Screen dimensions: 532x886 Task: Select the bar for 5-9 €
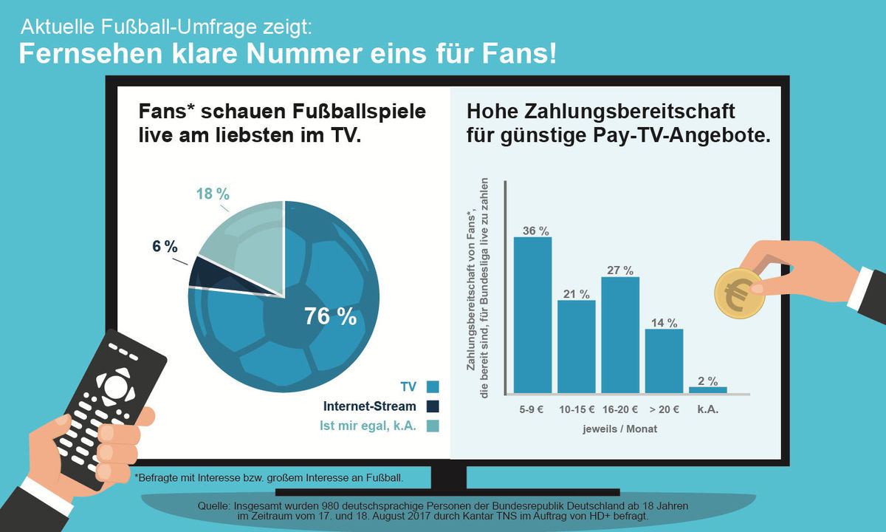pos(532,315)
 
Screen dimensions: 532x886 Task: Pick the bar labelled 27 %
pos(620,335)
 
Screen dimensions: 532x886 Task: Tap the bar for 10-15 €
pos(576,346)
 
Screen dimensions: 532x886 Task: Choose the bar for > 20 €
pos(664,361)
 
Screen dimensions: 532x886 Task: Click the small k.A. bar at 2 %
pos(707,389)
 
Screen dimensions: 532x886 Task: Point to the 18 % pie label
pos(213,194)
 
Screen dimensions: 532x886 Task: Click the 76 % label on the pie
pos(330,316)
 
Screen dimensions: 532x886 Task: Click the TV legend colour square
pos(433,386)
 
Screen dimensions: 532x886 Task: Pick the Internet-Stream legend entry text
pos(369,406)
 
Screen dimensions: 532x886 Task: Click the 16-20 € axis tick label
pos(619,409)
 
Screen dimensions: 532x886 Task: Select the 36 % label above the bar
pos(532,231)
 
